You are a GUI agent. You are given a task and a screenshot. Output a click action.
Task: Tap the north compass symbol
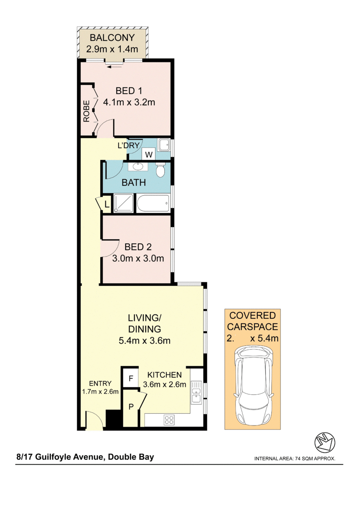point(325,443)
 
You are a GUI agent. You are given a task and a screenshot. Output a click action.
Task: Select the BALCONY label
point(112,37)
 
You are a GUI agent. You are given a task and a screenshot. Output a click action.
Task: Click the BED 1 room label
point(129,91)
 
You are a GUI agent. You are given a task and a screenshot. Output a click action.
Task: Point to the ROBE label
point(86,112)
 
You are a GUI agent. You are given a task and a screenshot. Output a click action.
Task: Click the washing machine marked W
point(149,155)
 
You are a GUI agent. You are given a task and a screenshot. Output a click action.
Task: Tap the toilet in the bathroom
point(160,170)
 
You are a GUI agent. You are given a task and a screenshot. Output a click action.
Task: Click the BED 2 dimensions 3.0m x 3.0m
point(138,259)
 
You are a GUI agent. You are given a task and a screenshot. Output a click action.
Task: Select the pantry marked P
point(130,407)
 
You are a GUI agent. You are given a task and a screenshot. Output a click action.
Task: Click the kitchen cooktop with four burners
point(169,420)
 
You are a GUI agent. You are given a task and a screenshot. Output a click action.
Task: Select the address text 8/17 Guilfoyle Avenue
point(60,457)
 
